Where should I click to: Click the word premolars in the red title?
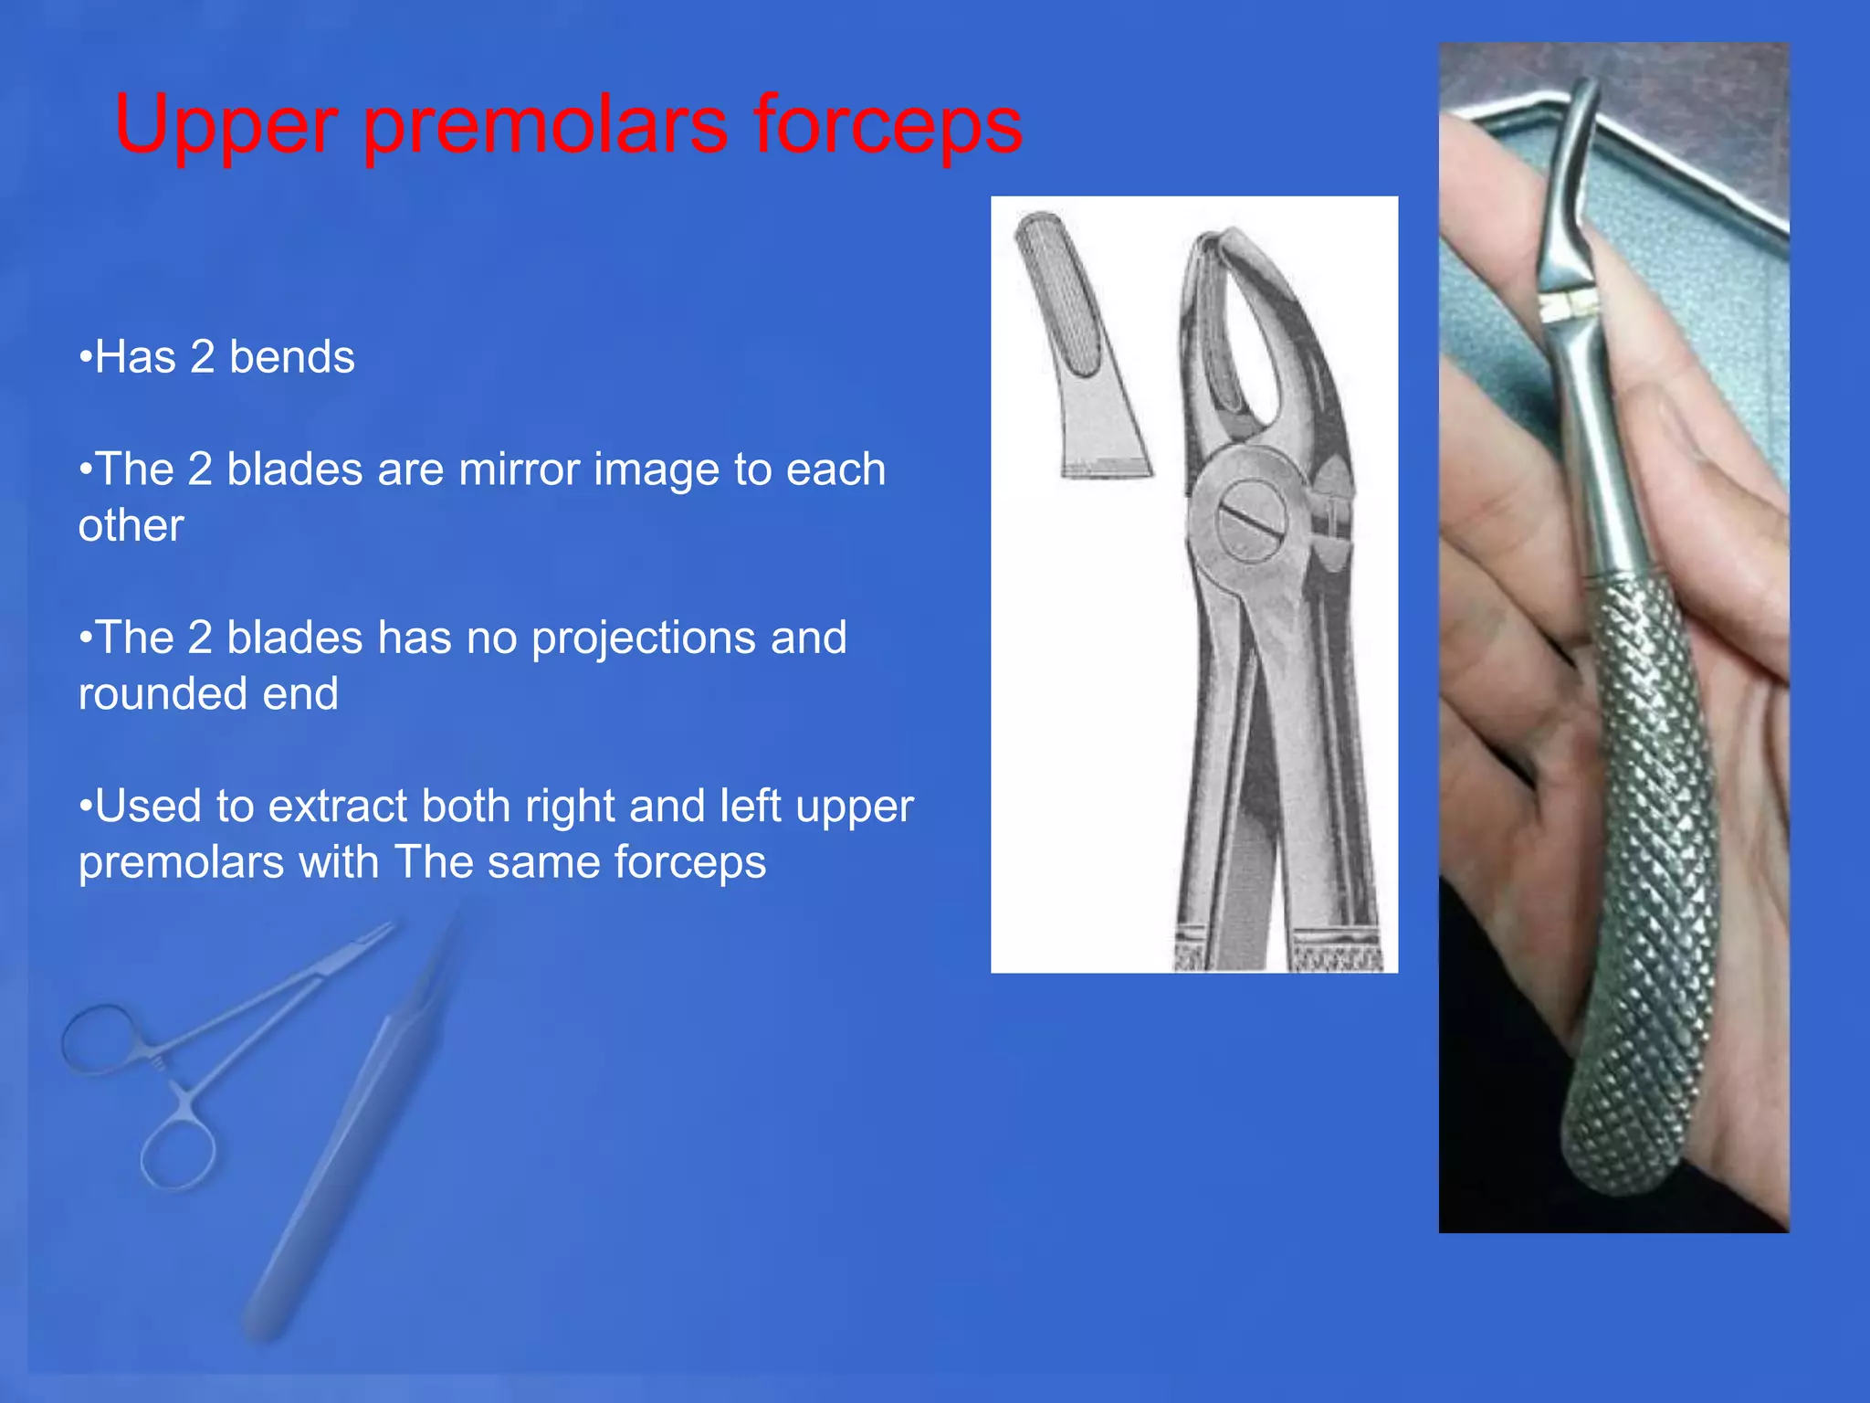tap(545, 126)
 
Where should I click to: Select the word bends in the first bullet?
tap(291, 356)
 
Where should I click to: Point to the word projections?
tap(643, 638)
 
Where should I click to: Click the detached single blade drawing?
tap(1082, 347)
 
